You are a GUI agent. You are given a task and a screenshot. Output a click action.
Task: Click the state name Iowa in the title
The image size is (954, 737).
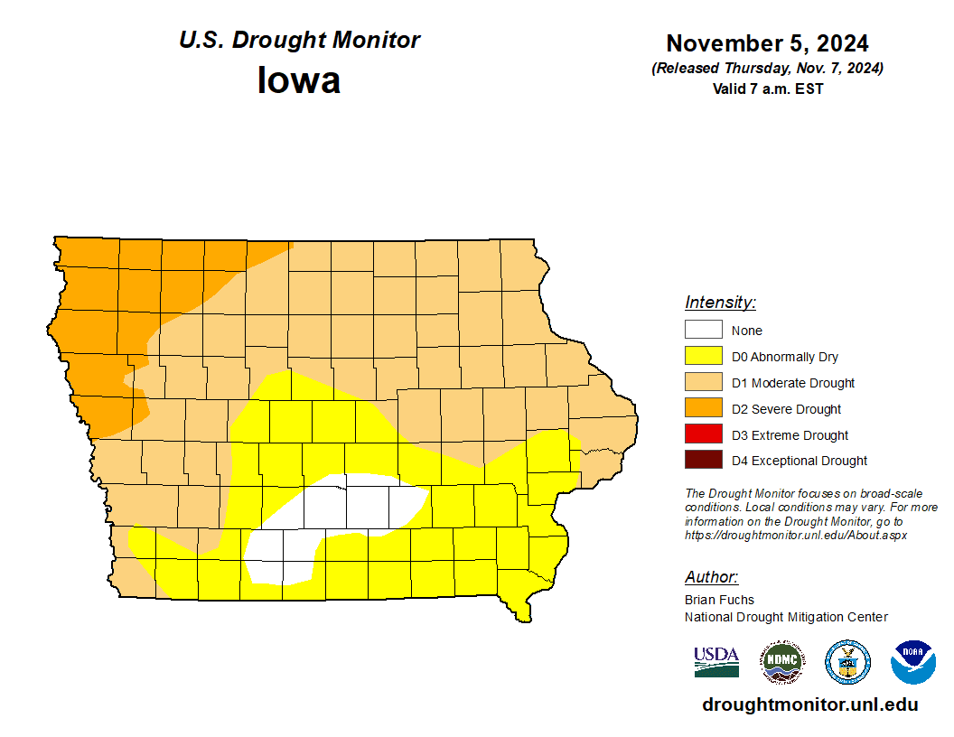(x=299, y=80)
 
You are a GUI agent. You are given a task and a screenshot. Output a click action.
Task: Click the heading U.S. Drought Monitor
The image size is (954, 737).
(x=299, y=41)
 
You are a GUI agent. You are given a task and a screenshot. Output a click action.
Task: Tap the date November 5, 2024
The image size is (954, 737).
(x=767, y=43)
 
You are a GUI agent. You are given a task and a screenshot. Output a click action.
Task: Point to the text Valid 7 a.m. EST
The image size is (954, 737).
(x=767, y=89)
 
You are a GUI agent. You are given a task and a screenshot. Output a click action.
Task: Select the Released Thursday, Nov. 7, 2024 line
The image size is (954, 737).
(x=767, y=69)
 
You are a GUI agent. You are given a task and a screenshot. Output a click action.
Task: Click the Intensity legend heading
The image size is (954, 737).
(x=720, y=303)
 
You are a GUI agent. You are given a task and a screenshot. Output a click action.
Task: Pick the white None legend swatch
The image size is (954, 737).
(x=704, y=330)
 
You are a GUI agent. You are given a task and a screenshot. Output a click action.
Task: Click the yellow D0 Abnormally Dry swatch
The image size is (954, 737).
(x=704, y=356)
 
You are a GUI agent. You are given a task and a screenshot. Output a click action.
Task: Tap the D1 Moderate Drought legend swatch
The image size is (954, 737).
(x=704, y=382)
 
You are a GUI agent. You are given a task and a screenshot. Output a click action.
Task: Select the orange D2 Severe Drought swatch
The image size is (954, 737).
(x=704, y=408)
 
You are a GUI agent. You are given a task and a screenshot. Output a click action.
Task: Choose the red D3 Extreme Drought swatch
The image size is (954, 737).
(x=704, y=434)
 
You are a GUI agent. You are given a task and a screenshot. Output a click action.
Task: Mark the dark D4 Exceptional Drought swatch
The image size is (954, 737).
(x=704, y=460)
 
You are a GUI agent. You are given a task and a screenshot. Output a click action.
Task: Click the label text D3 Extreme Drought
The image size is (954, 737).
(x=790, y=435)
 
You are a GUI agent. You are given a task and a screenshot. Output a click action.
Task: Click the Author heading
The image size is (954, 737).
(x=711, y=577)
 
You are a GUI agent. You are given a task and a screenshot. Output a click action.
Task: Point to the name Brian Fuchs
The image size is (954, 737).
(x=719, y=600)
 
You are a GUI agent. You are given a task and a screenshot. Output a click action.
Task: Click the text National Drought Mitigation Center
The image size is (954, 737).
(x=786, y=617)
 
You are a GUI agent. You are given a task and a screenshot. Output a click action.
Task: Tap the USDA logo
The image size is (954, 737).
(x=716, y=662)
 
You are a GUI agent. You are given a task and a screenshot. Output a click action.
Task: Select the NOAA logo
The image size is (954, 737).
(x=912, y=662)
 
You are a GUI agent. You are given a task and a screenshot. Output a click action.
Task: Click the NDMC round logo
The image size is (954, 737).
(x=781, y=662)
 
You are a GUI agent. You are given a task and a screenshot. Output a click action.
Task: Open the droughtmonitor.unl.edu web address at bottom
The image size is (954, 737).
(x=809, y=705)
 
